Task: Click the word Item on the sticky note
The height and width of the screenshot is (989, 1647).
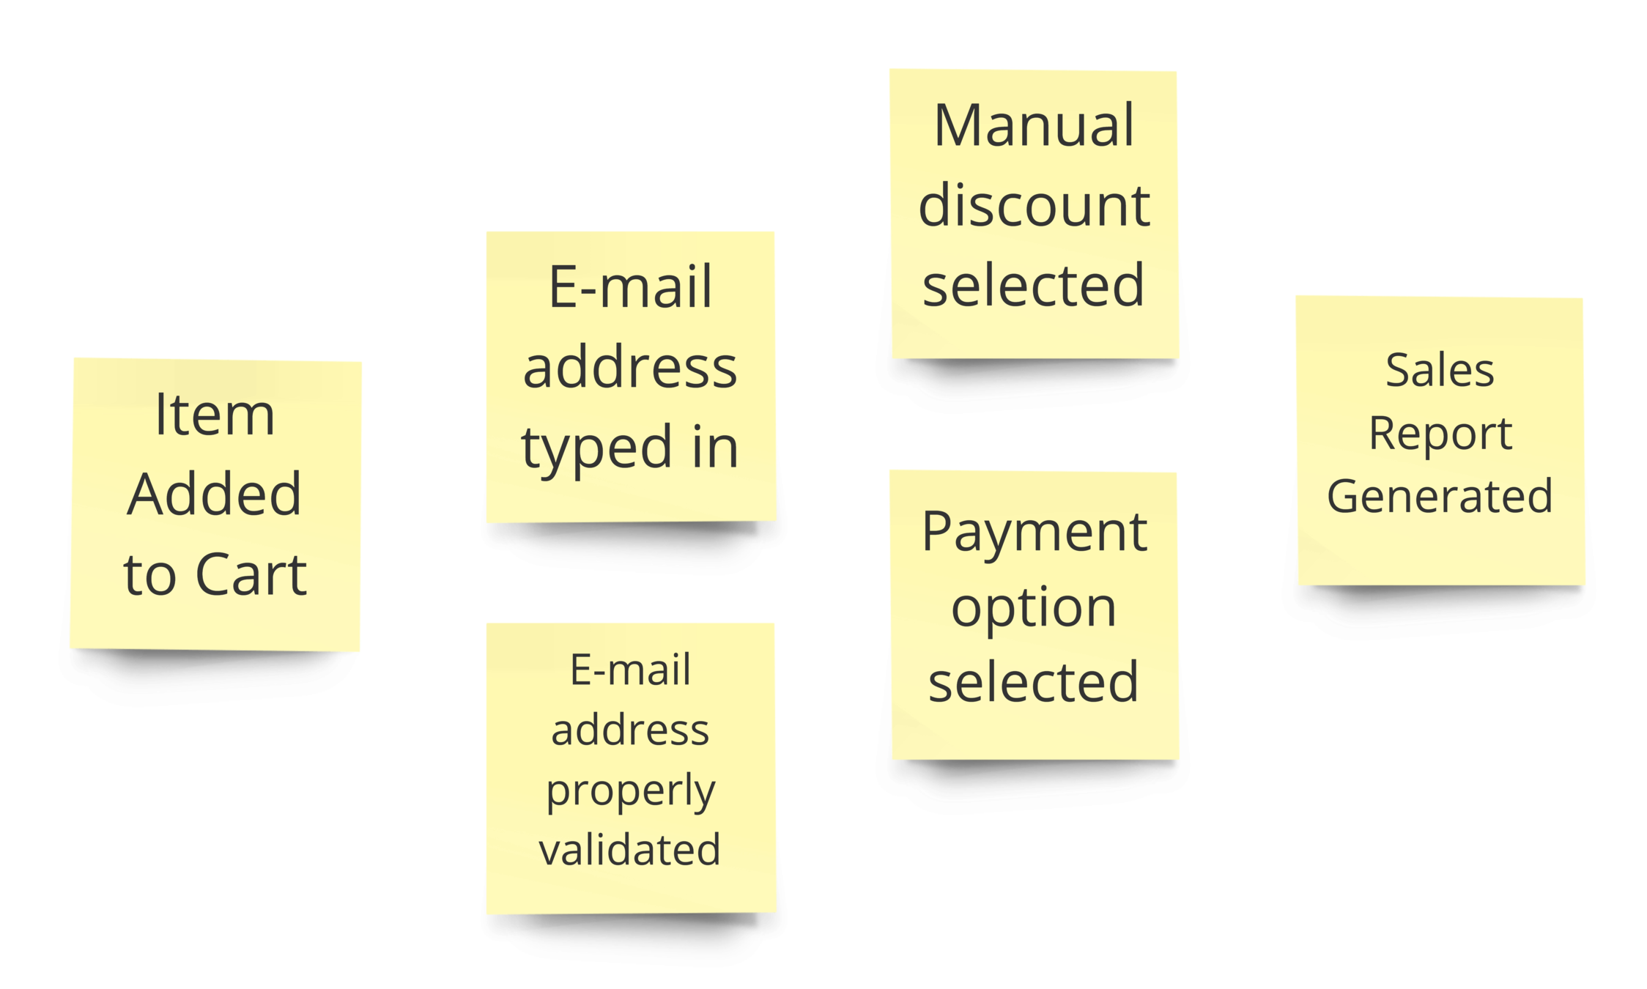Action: pyautogui.click(x=215, y=415)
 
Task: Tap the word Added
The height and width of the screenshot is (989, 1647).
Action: pyautogui.click(x=215, y=494)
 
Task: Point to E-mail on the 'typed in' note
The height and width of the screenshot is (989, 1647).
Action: pyautogui.click(x=630, y=287)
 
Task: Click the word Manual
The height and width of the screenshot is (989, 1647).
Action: pyautogui.click(x=1034, y=125)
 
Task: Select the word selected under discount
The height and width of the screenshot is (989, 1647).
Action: pyautogui.click(x=1034, y=285)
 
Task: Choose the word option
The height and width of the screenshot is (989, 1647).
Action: pyautogui.click(x=1034, y=607)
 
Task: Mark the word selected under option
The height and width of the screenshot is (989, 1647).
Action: pyautogui.click(x=1034, y=682)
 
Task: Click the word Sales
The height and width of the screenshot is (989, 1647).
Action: pyautogui.click(x=1440, y=370)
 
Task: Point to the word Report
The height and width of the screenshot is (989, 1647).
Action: pyautogui.click(x=1440, y=433)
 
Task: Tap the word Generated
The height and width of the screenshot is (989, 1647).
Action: pyautogui.click(x=1440, y=496)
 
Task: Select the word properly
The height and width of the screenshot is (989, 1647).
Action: pyautogui.click(x=630, y=792)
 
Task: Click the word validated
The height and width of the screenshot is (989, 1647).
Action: pyautogui.click(x=630, y=850)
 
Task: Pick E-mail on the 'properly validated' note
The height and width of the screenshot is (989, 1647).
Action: pyautogui.click(x=630, y=670)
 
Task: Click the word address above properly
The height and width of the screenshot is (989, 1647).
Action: pyautogui.click(x=630, y=730)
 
